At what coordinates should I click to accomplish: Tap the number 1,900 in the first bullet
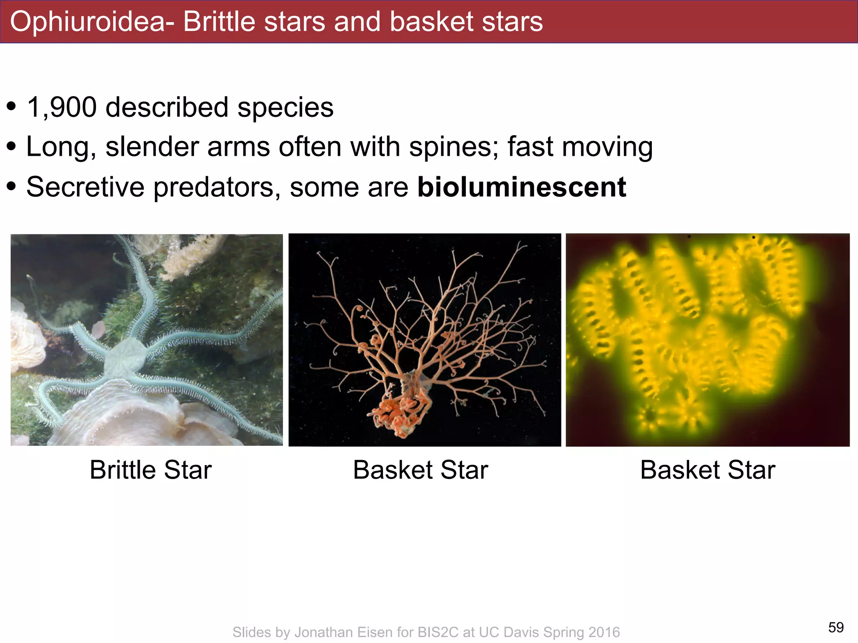tap(62, 108)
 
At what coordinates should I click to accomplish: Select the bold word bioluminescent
tap(522, 187)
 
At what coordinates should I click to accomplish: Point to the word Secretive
tap(85, 187)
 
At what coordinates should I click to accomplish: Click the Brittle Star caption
tap(150, 470)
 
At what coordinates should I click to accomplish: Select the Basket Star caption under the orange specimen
tap(420, 470)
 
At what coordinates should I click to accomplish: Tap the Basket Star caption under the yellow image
tap(708, 470)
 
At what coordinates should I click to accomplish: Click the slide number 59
tap(836, 627)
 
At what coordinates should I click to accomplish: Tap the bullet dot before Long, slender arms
tap(11, 147)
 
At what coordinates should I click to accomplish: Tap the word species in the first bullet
tap(285, 108)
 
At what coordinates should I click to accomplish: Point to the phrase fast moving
tap(580, 147)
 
